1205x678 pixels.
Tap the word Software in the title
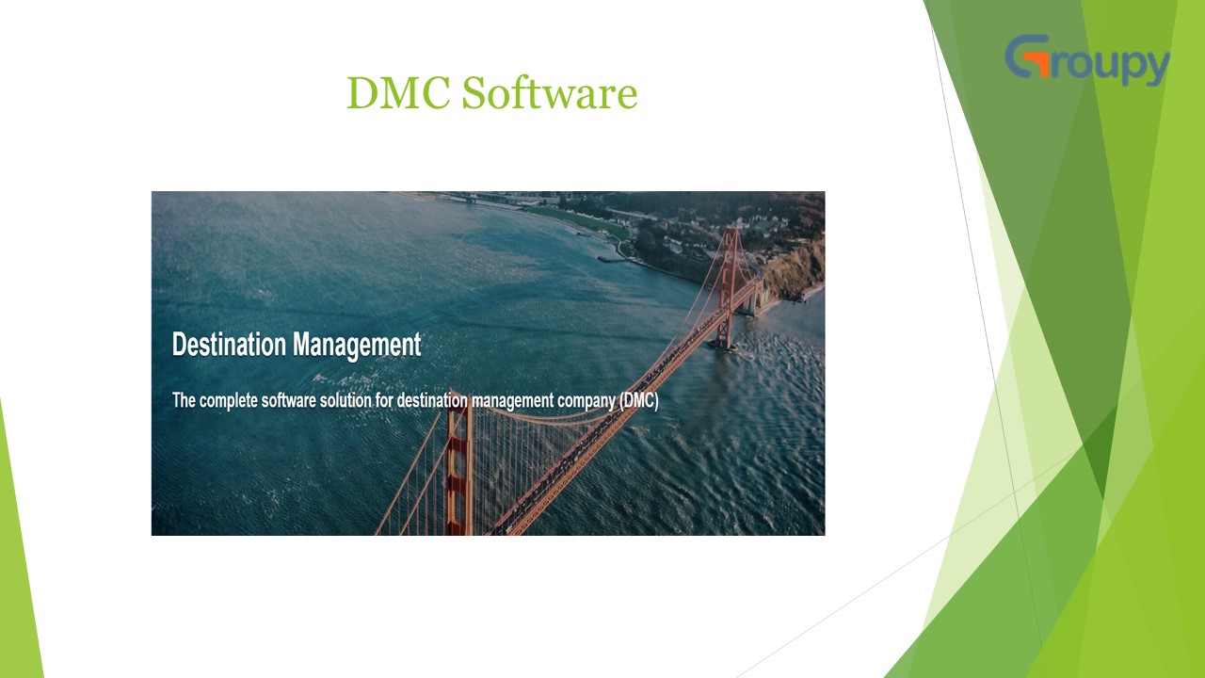point(550,93)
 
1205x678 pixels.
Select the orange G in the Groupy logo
point(1027,58)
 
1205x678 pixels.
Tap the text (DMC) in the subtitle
point(638,400)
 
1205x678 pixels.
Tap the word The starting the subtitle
point(184,400)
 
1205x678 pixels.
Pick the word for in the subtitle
point(408,400)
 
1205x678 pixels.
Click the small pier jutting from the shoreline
point(613,256)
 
